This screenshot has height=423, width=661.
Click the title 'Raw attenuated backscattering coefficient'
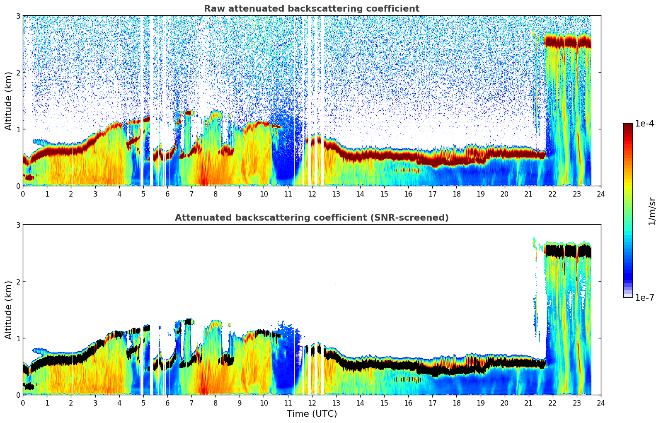tap(311, 9)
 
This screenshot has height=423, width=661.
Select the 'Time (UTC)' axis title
tap(312, 413)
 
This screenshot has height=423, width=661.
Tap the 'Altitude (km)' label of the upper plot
tap(8, 101)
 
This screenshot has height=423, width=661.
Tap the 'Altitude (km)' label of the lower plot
tap(8, 310)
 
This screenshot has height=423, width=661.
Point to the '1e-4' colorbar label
tap(644, 124)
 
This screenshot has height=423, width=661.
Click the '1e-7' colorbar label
tap(644, 297)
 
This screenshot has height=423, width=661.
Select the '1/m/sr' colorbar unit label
tap(652, 211)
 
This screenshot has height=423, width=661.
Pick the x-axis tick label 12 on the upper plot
tap(312, 194)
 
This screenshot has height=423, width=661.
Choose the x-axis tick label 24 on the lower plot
tap(600, 403)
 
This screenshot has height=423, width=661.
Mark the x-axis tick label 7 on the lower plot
tap(191, 403)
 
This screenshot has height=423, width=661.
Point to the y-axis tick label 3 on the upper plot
tap(18, 16)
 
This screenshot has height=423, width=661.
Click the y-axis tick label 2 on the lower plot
tap(18, 282)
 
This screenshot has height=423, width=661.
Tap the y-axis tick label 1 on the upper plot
tap(18, 129)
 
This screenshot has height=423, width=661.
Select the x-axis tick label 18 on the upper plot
tap(456, 194)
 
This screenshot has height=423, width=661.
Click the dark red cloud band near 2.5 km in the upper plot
tap(568, 42)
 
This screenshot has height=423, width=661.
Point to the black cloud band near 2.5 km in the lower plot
tap(568, 251)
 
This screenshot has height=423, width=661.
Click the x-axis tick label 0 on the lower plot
tap(23, 403)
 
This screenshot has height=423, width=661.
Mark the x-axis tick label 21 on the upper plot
tap(528, 194)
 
